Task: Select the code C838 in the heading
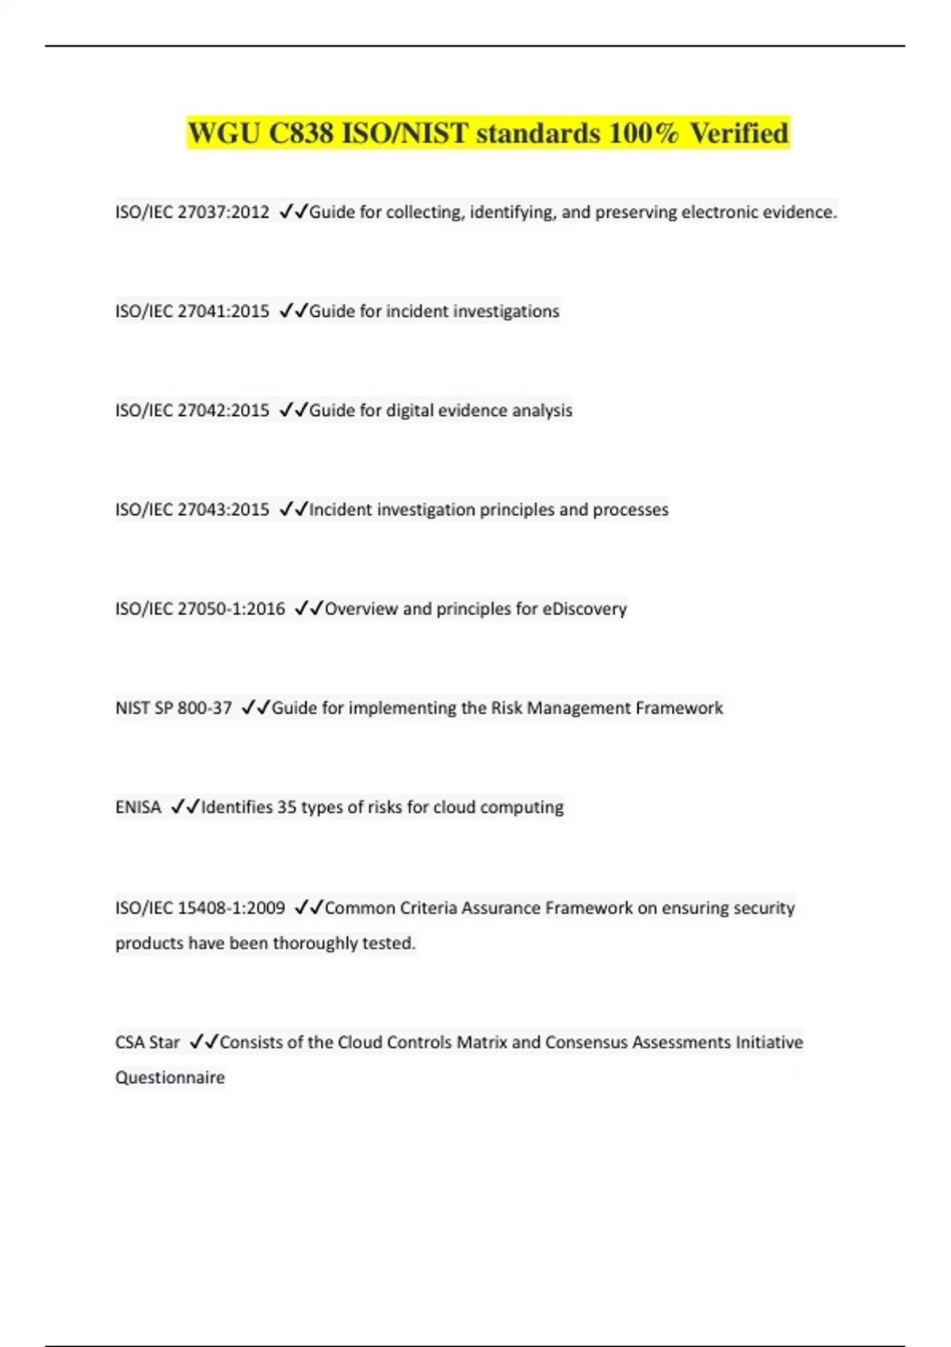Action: pos(300,133)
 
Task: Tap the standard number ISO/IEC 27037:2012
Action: pos(193,212)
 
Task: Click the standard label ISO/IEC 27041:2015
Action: pos(193,311)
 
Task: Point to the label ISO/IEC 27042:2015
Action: pos(193,410)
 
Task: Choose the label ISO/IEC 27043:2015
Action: pos(193,509)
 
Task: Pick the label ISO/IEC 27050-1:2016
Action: pos(201,609)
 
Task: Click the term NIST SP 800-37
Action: pos(174,708)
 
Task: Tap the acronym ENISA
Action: pos(138,807)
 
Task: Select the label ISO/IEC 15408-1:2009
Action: pos(201,908)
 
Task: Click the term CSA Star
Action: pos(147,1042)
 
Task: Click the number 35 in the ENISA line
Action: pos(286,807)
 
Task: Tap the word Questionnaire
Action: pos(170,1078)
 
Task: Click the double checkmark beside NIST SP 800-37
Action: pos(255,707)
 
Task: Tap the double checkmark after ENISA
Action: pos(185,807)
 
